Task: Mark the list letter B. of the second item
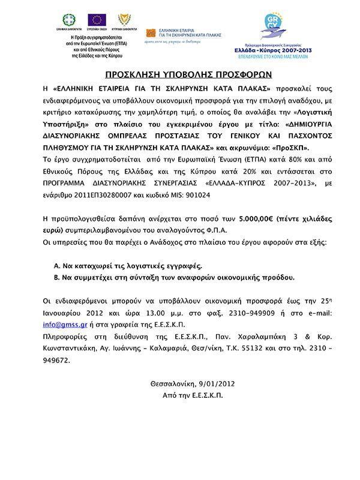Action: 57,278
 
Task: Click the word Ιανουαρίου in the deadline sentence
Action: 64,313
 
